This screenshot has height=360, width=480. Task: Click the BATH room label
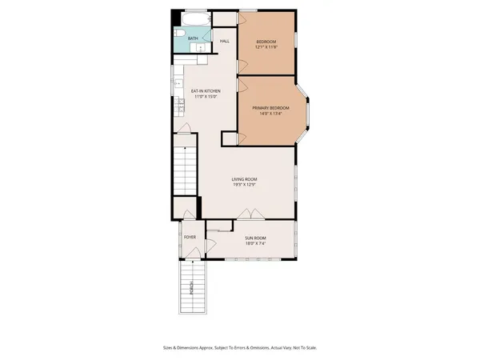(193, 38)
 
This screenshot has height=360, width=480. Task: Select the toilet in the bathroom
(179, 34)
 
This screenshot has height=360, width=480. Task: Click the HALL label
(225, 41)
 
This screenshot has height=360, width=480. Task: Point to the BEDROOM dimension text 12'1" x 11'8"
(266, 47)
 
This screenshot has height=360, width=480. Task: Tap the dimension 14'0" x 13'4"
(270, 114)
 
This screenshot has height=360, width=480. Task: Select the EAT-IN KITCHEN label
(206, 91)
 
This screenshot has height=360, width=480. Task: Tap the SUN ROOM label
(256, 238)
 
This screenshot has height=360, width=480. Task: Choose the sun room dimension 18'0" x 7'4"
(256, 244)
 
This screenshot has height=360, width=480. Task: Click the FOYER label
(190, 238)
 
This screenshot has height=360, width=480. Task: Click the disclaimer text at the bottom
(240, 348)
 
